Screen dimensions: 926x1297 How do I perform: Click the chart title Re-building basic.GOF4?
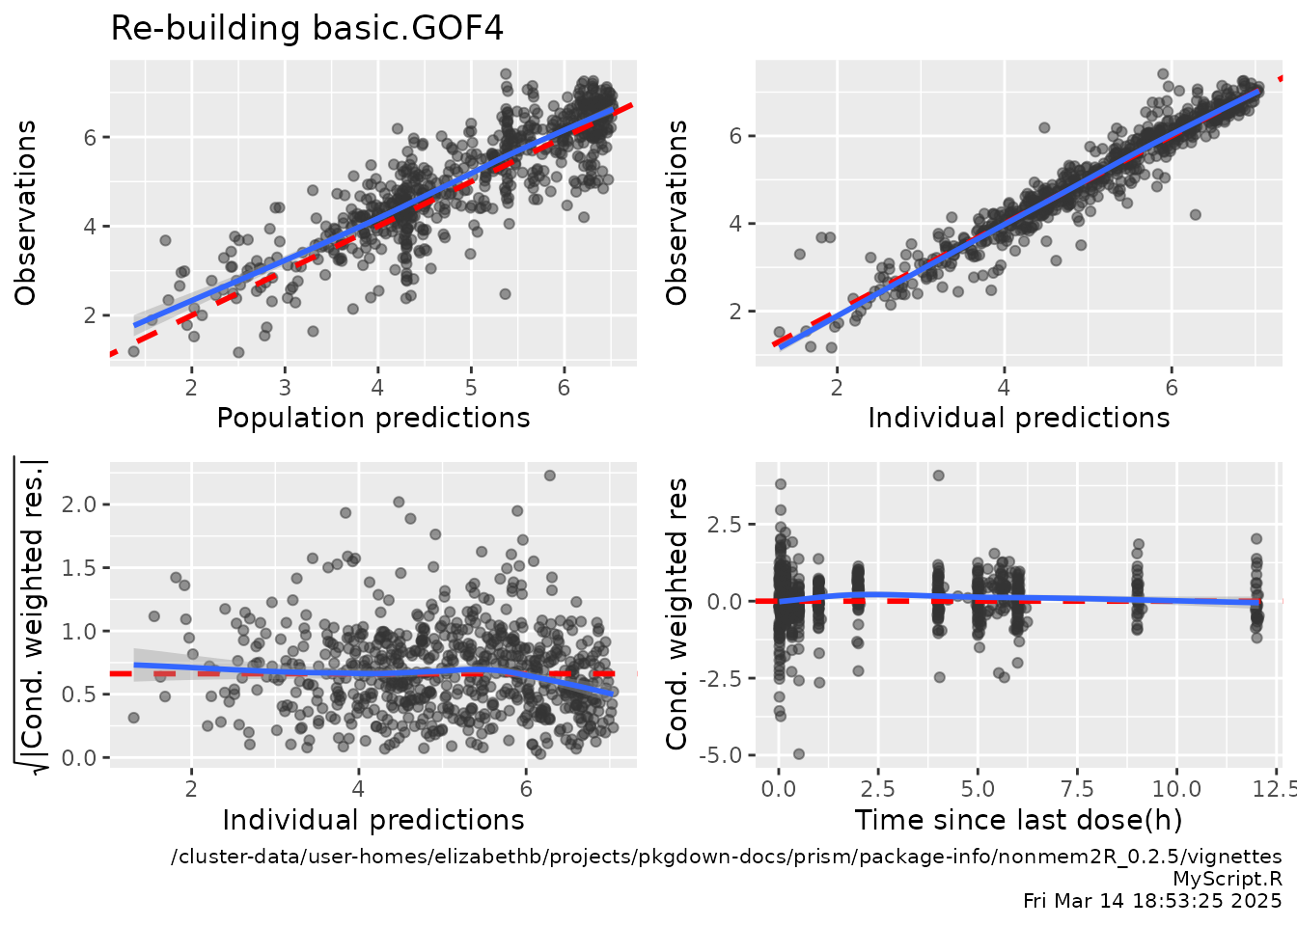pyautogui.click(x=307, y=28)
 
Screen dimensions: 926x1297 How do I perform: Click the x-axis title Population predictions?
pyautogui.click(x=373, y=418)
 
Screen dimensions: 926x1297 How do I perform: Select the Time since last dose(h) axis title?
pyautogui.click(x=1018, y=820)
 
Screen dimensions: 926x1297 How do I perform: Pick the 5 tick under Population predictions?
pyautogui.click(x=471, y=387)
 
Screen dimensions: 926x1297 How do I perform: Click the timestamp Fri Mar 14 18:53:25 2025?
pyautogui.click(x=1152, y=901)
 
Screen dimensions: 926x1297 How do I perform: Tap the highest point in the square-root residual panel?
pyautogui.click(x=549, y=476)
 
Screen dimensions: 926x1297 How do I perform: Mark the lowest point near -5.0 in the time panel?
pyautogui.click(x=799, y=754)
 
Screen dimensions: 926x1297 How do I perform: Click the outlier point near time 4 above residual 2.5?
pyautogui.click(x=938, y=476)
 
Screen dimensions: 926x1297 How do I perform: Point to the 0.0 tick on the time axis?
pyautogui.click(x=778, y=789)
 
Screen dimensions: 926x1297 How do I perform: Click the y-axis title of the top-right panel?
pyautogui.click(x=678, y=212)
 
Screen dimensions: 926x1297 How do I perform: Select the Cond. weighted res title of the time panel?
pyautogui.click(x=677, y=613)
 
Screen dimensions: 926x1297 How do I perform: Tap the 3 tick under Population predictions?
pyautogui.click(x=285, y=387)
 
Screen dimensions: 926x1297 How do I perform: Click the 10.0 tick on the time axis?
pyautogui.click(x=1177, y=789)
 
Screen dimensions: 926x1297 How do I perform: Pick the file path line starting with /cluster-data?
pyautogui.click(x=726, y=857)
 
